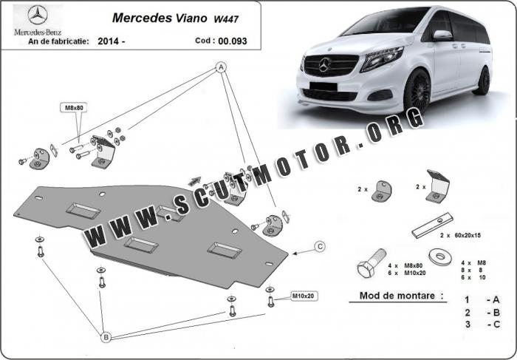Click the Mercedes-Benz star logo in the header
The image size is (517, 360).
click(38, 15)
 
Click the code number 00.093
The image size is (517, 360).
click(233, 41)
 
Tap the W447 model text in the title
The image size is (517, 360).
click(226, 19)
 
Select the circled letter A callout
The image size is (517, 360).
click(221, 67)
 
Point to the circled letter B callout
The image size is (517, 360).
click(106, 337)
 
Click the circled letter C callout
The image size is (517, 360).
click(320, 246)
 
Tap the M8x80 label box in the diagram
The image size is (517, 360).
click(74, 107)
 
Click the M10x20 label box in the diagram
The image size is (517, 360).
click(304, 296)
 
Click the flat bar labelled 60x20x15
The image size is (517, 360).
click(432, 225)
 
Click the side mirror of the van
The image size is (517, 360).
click(442, 35)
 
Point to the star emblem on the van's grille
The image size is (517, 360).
click(324, 64)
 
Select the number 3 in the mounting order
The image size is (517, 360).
click(468, 325)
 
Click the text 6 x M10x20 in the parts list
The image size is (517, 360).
click(406, 273)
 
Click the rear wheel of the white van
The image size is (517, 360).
click(484, 81)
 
